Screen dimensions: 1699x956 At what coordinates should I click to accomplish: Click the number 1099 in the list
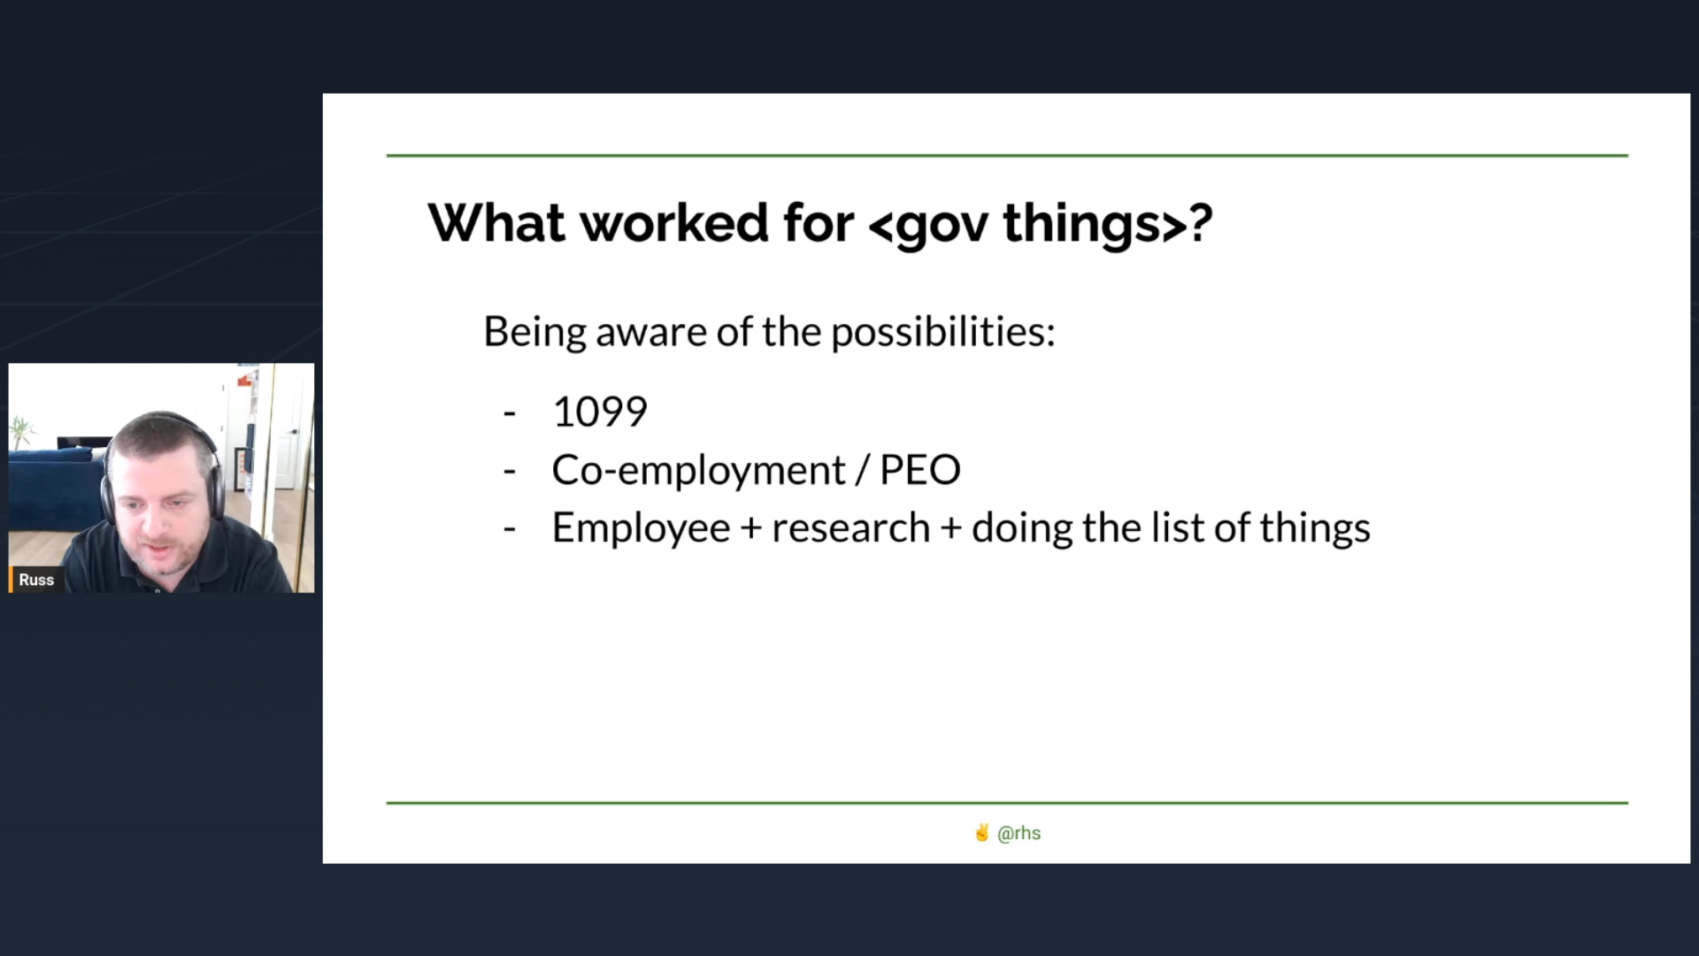pyautogui.click(x=600, y=412)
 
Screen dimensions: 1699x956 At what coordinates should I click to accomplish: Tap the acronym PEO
pyautogui.click(x=920, y=470)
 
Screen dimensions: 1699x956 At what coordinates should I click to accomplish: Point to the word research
pyautogui.click(x=851, y=528)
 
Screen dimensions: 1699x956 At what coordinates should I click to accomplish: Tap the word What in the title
pyautogui.click(x=496, y=222)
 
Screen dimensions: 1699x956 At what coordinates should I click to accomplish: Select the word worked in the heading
pyautogui.click(x=674, y=222)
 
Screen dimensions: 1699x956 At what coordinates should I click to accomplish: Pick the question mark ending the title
pyautogui.click(x=1201, y=222)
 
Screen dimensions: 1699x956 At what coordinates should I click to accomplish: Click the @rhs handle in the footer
pyautogui.click(x=1019, y=833)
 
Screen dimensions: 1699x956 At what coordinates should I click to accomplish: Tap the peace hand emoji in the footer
pyautogui.click(x=981, y=832)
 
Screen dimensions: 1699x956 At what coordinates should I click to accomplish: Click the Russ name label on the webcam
pyautogui.click(x=36, y=580)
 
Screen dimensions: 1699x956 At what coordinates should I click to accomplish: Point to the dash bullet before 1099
pyautogui.click(x=509, y=413)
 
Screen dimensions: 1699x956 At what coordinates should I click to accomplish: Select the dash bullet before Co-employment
pyautogui.click(x=509, y=472)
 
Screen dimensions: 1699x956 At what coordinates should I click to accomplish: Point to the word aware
pyautogui.click(x=651, y=333)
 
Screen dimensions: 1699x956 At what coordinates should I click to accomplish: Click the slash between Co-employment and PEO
pyautogui.click(x=863, y=470)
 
